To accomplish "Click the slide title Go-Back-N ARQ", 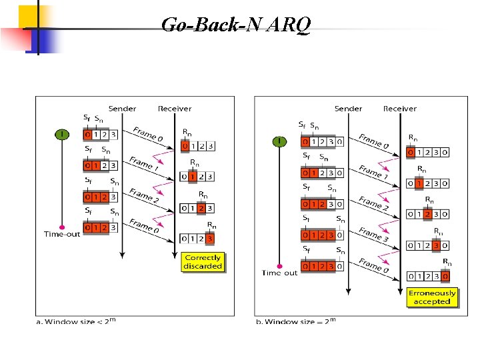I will [x=235, y=25].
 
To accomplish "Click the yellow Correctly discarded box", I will [x=203, y=262].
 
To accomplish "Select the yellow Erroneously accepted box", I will [x=431, y=297].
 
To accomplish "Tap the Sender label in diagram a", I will [x=122, y=109].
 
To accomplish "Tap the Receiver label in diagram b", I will [x=399, y=109].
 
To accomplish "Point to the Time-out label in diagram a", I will [x=62, y=234].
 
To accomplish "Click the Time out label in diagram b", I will [x=280, y=273].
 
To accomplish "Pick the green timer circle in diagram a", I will [x=62, y=135].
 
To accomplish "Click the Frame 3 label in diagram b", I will [x=373, y=234].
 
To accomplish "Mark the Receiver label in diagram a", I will [x=175, y=109].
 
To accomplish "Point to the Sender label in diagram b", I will [x=348, y=109].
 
